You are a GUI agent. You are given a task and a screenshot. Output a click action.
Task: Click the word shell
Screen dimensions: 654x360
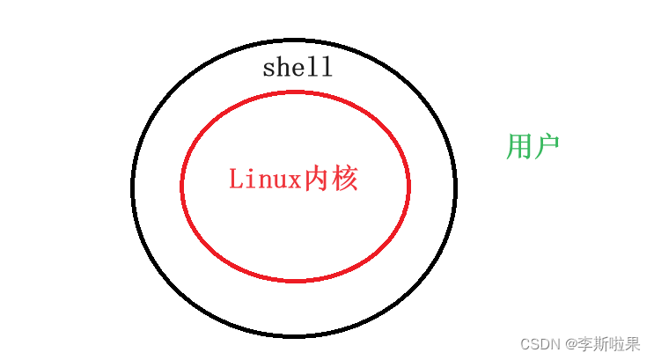pyautogui.click(x=298, y=68)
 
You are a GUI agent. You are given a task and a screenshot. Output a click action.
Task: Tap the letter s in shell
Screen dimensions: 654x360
pyautogui.click(x=269, y=70)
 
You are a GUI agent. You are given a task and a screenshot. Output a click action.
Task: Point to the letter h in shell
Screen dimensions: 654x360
pyautogui.click(x=283, y=68)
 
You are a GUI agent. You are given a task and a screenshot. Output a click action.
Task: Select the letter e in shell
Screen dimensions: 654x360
pyautogui.click(x=298, y=70)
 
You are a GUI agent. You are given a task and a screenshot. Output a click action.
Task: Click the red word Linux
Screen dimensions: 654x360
pyautogui.click(x=265, y=179)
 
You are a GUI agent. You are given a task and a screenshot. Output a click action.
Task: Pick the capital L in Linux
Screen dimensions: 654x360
pyautogui.click(x=236, y=179)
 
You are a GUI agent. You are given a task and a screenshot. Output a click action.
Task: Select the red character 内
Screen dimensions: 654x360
pyautogui.click(x=316, y=179)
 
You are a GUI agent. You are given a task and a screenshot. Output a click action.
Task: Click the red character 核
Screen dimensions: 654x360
pyautogui.click(x=345, y=179)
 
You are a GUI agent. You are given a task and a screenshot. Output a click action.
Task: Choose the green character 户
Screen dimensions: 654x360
pyautogui.click(x=546, y=146)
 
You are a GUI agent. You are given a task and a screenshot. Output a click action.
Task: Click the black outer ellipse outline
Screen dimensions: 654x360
pyautogui.click(x=132, y=187)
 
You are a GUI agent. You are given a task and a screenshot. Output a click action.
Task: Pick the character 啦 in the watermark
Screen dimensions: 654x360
pyautogui.click(x=615, y=343)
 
